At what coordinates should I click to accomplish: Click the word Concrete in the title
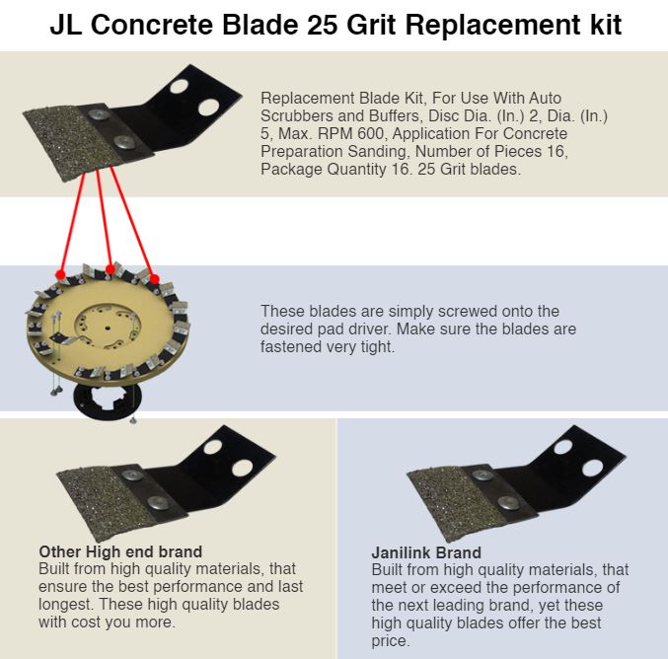pos(151,25)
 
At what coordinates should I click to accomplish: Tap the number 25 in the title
pos(323,25)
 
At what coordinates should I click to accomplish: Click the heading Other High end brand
pos(120,551)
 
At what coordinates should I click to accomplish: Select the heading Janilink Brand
pos(426,552)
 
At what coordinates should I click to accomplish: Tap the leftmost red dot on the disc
pos(61,274)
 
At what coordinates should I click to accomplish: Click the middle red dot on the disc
pos(110,269)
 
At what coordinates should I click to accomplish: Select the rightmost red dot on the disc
pos(155,279)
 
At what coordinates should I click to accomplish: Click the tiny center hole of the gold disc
pos(108,328)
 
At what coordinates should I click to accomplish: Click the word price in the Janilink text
pos(390,641)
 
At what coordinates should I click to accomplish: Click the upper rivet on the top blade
pos(99,113)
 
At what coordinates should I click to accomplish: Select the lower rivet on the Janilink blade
pos(509,503)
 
